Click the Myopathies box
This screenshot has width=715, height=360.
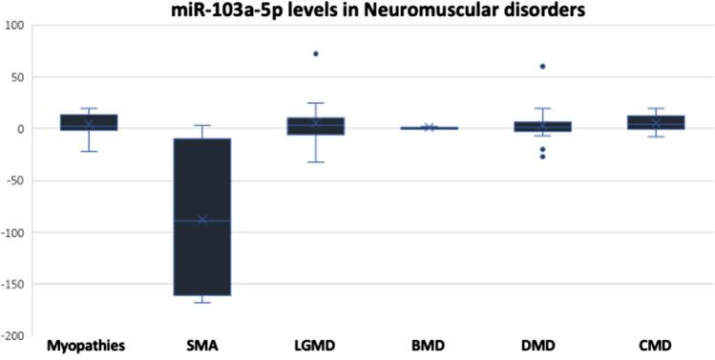(89, 122)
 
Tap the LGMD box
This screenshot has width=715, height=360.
(315, 126)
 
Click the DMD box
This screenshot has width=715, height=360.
(541, 126)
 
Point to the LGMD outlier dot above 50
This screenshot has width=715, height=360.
(315, 53)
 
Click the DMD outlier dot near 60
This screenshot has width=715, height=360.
(542, 66)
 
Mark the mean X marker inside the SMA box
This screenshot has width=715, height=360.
(202, 220)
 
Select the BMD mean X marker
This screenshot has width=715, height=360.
(429, 127)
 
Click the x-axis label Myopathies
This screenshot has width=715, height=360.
(89, 345)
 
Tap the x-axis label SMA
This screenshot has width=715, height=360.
(202, 345)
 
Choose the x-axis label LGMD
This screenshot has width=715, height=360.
(315, 345)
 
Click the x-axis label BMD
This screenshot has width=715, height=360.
(429, 345)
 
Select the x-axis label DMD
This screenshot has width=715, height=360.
(541, 345)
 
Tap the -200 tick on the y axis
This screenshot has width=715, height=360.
(15, 335)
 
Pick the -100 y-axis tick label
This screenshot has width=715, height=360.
(15, 232)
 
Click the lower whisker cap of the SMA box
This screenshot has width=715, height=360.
(202, 303)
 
